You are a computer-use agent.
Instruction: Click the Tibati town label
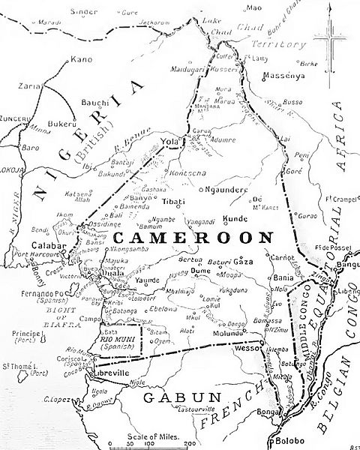click(x=173, y=200)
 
